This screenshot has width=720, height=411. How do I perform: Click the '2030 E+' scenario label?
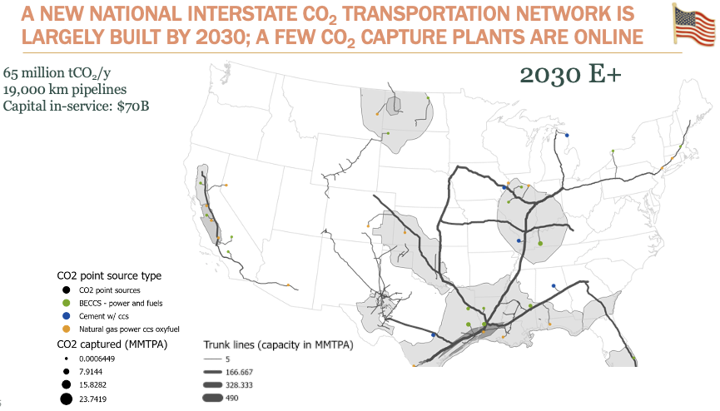[x=573, y=74]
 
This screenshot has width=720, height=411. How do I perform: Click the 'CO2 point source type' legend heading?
[x=109, y=275]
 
